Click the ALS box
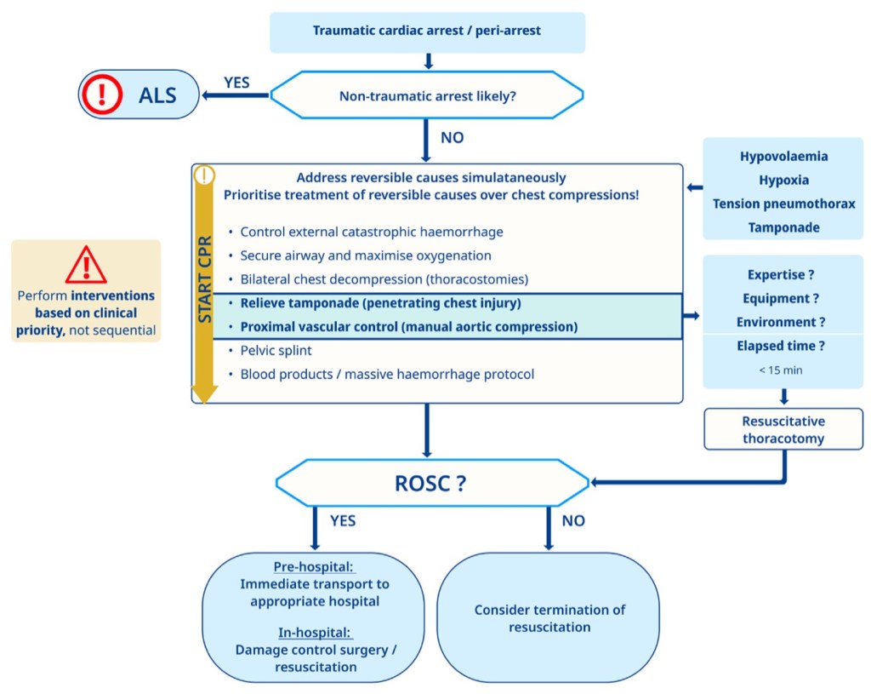[x=139, y=94]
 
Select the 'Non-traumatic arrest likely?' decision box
[x=427, y=95]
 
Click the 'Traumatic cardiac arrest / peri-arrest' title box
[x=427, y=32]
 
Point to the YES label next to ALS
[x=237, y=82]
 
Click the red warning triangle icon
[x=86, y=265]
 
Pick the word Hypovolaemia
[x=783, y=157]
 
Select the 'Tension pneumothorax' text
[x=783, y=204]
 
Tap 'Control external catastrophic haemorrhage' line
[x=372, y=232]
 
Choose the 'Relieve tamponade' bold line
[x=380, y=303]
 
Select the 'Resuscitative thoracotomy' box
[x=783, y=430]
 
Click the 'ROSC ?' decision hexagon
[x=432, y=483]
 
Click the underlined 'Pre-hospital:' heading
[x=314, y=567]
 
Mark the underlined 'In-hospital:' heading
[x=314, y=633]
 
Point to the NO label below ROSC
[x=573, y=520]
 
